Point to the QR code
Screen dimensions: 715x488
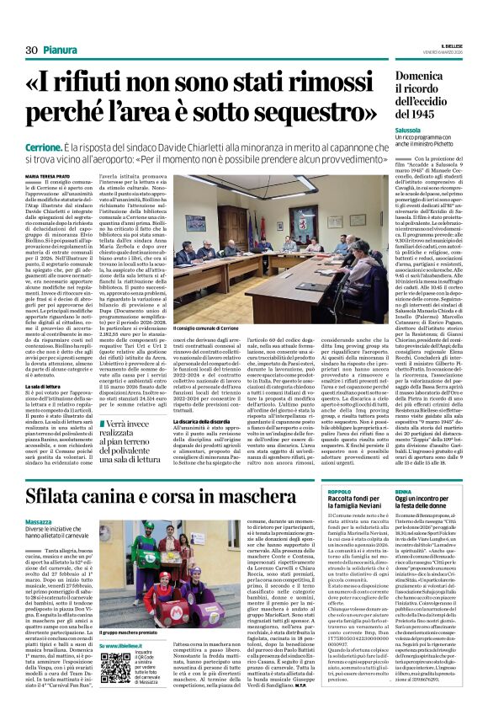tap(116, 666)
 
